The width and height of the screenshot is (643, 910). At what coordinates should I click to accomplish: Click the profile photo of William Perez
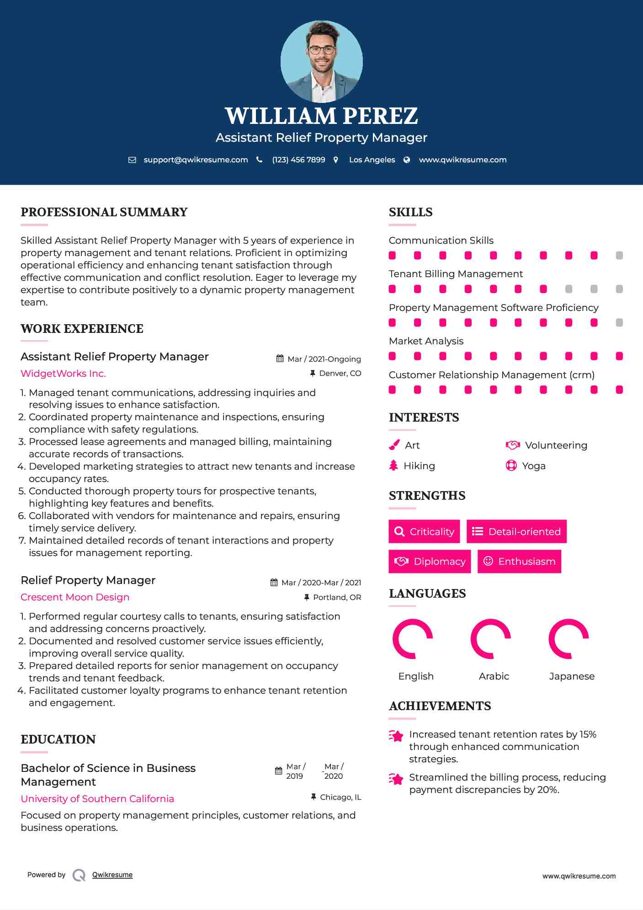(x=321, y=61)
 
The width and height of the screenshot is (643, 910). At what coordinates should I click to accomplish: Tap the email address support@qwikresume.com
(x=196, y=160)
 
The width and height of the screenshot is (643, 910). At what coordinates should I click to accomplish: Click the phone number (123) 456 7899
(x=298, y=160)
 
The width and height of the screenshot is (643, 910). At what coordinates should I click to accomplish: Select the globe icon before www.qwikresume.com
(x=407, y=160)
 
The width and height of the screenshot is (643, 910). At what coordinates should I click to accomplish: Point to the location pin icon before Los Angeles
(x=336, y=160)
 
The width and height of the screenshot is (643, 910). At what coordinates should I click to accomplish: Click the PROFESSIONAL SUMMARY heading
(x=104, y=212)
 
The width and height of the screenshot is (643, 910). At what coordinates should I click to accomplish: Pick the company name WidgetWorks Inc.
(x=63, y=374)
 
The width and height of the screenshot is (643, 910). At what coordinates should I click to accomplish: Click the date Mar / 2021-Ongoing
(x=324, y=359)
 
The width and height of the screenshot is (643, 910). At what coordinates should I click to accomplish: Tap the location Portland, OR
(x=337, y=597)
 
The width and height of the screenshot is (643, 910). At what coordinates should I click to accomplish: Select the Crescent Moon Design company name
(x=75, y=597)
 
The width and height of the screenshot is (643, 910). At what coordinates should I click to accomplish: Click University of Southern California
(x=97, y=799)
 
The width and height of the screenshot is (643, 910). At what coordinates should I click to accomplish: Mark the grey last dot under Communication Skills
(x=619, y=256)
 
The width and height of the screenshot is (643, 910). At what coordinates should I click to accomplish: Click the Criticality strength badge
(x=424, y=531)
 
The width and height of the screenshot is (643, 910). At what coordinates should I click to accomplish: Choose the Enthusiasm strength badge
(x=519, y=561)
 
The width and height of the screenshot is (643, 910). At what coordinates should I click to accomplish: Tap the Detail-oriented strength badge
(x=516, y=531)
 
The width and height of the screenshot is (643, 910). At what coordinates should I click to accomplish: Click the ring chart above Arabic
(x=491, y=639)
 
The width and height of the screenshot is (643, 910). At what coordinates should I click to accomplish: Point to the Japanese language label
(x=572, y=676)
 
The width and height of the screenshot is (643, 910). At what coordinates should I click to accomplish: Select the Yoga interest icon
(x=511, y=466)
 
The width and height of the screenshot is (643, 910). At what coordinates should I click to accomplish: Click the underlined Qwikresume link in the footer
(x=112, y=875)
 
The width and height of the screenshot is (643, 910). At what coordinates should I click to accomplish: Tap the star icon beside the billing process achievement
(x=396, y=779)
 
